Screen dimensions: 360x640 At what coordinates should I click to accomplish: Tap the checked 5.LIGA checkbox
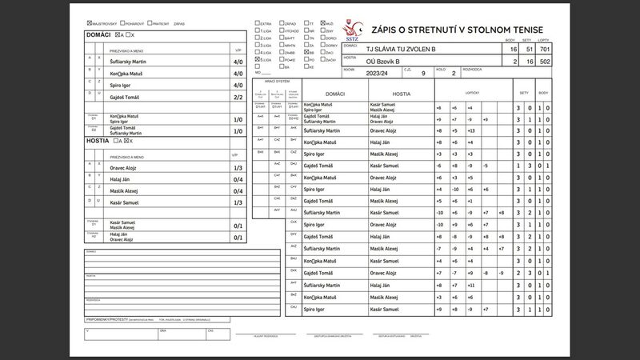257,59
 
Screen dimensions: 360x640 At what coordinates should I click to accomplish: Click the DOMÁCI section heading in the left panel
98,35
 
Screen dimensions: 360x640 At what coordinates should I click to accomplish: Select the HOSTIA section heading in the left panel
97,140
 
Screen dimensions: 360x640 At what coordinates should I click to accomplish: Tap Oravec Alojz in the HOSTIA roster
123,167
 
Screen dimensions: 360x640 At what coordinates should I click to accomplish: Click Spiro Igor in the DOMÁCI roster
119,84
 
